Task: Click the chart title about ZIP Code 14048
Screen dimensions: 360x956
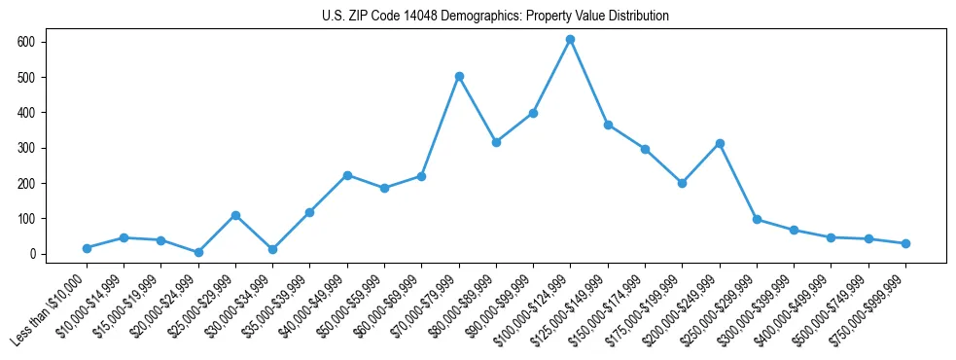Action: point(495,16)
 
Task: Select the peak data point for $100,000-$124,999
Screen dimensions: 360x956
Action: point(571,40)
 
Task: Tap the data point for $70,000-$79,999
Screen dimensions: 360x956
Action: point(459,76)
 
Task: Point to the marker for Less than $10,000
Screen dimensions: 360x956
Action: point(87,248)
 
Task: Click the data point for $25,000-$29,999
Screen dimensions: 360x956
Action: point(235,215)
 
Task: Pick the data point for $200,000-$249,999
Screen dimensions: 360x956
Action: point(720,143)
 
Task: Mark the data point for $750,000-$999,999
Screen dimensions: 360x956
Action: point(905,243)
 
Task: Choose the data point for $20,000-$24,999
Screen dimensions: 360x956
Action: point(198,252)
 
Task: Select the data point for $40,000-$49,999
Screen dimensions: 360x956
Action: point(347,175)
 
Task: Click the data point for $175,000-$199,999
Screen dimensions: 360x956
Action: point(682,183)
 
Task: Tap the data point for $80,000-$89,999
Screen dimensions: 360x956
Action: point(496,142)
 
